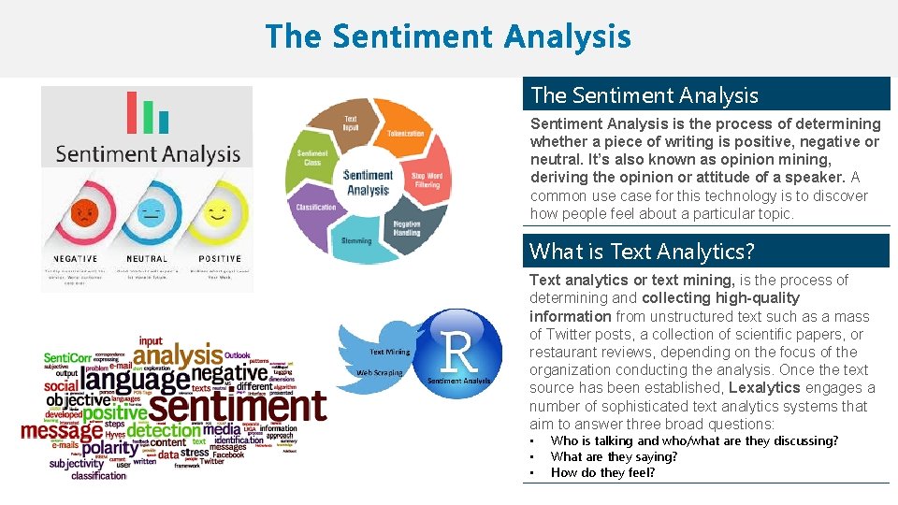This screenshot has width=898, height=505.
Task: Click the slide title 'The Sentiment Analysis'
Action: (448, 37)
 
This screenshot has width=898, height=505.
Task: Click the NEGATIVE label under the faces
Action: (76, 259)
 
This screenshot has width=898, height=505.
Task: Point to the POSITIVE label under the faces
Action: (219, 259)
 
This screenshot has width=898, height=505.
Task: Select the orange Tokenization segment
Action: (405, 134)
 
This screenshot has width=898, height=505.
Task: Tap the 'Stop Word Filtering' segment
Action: (427, 180)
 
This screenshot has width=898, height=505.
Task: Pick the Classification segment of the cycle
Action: (316, 207)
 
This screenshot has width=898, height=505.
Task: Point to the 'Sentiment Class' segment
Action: (312, 158)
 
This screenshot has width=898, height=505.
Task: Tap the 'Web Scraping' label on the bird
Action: (379, 372)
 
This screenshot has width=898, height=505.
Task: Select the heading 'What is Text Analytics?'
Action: (642, 252)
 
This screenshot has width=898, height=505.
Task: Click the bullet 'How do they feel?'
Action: (602, 472)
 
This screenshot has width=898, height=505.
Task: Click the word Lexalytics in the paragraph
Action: (764, 388)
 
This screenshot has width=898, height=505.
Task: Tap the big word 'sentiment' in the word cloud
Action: (238, 406)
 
